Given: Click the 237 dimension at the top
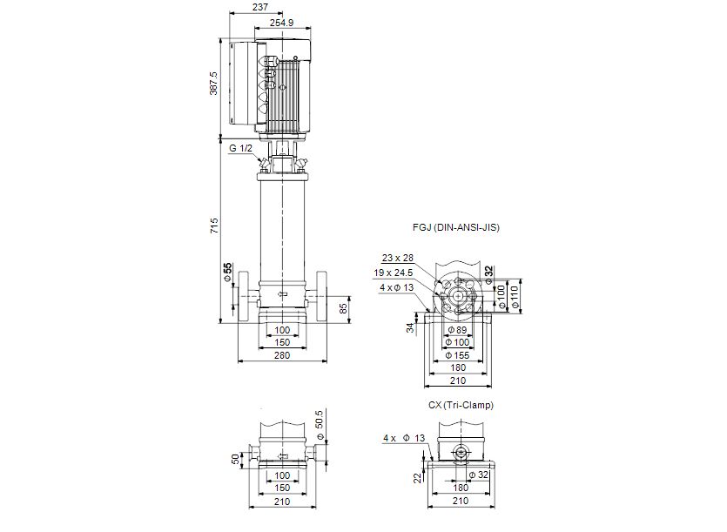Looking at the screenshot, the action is point(260,8).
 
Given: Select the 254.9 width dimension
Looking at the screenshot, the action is point(282,23).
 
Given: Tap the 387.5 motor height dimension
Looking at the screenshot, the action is point(213,83).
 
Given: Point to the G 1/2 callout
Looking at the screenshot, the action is point(240,148).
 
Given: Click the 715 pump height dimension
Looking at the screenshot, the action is point(214,226).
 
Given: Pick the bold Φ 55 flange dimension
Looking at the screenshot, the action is point(227,272).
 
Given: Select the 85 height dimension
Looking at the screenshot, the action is point(344,308).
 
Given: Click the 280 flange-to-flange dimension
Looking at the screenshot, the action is point(282,355).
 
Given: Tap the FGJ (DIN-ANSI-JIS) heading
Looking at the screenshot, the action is point(456,227).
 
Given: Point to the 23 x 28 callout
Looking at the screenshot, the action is point(398,258).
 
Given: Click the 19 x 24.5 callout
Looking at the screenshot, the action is point(394,273).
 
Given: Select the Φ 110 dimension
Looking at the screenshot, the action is point(514,297).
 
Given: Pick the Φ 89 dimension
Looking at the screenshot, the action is point(458,330).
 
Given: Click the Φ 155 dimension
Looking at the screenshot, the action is point(458,355).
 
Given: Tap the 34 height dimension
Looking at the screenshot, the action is point(410,328).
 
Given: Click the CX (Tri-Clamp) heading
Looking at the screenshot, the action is point(461,405).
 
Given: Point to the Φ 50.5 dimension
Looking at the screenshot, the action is point(319,425).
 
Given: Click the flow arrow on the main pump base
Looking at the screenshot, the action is point(282,294).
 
